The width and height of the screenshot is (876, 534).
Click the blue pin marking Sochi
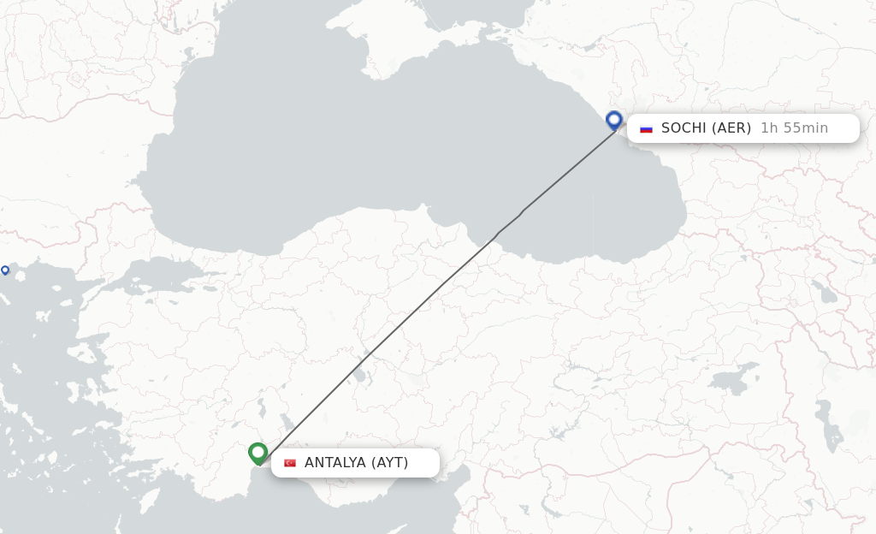point(613,121)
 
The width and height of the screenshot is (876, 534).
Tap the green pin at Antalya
point(257,452)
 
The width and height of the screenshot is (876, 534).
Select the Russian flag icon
point(647,128)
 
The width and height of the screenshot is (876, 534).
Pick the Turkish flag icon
point(290,463)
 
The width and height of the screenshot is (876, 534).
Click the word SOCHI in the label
point(683,128)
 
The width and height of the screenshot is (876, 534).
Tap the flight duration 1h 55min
point(794,128)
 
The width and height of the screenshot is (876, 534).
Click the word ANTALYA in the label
point(334,463)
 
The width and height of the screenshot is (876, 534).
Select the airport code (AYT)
point(389,463)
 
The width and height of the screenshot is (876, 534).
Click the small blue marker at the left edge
point(5,270)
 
